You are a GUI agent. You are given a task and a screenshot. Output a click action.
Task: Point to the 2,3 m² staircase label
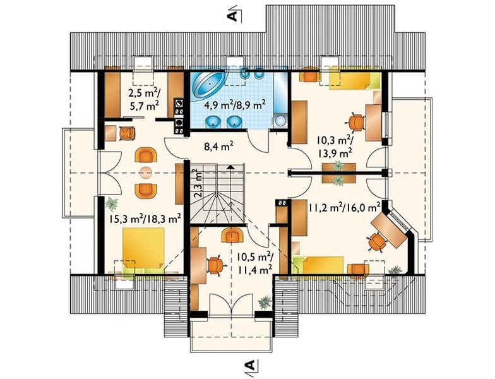click(x=198, y=183)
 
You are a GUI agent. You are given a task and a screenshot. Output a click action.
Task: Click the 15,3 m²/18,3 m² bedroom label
click(x=145, y=219)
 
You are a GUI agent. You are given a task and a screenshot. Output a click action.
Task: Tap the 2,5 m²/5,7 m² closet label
click(x=144, y=99)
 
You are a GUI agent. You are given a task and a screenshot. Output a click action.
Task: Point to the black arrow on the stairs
click(x=231, y=167)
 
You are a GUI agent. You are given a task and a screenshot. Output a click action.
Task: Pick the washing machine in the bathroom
click(x=280, y=120)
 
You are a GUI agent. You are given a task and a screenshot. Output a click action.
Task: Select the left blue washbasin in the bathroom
click(x=213, y=122)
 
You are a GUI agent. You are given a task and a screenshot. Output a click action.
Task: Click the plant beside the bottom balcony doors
click(x=265, y=302)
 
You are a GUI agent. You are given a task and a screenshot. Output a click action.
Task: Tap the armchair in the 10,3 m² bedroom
click(x=311, y=75)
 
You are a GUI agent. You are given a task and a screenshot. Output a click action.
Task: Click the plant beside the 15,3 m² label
click(x=112, y=203)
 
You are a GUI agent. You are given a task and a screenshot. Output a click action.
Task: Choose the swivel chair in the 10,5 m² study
click(x=215, y=265)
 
